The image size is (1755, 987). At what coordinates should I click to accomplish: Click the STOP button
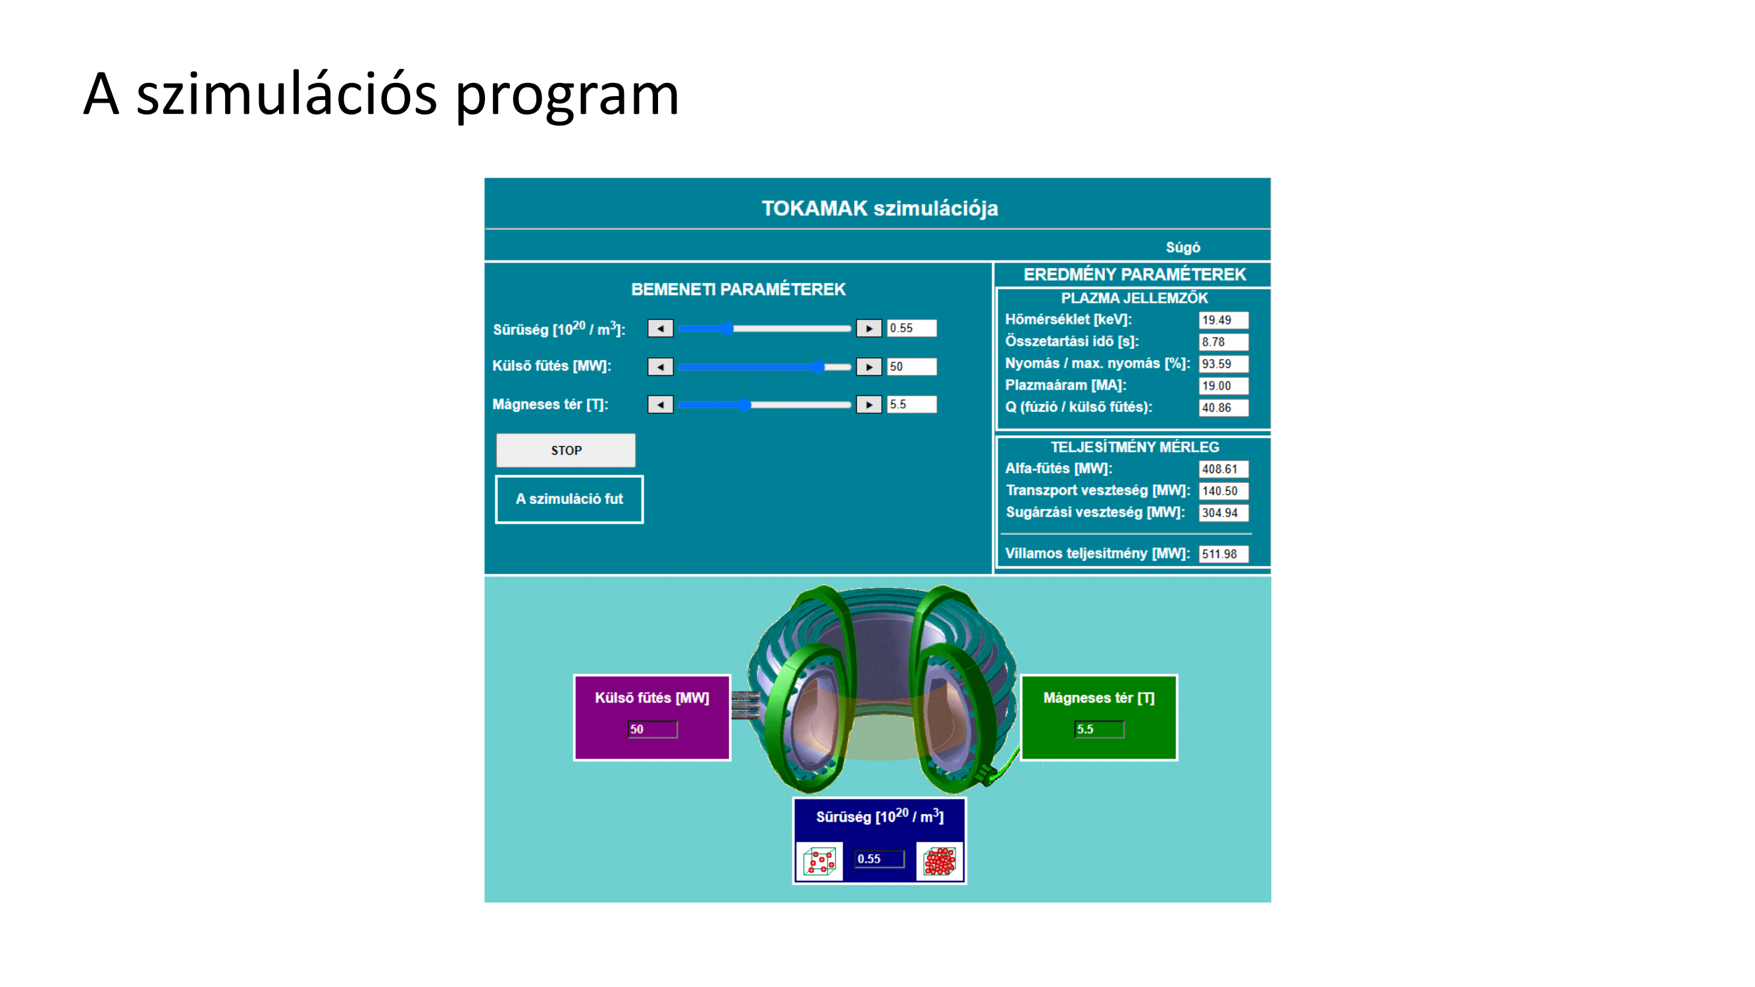[565, 450]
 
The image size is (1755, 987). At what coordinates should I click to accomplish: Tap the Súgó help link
[1183, 247]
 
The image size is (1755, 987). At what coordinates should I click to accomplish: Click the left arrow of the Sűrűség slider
[660, 328]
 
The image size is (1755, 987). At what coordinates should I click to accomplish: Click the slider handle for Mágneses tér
[746, 405]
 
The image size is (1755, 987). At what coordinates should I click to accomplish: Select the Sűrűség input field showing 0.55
[911, 328]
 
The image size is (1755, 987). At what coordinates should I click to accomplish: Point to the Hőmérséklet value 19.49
[1223, 320]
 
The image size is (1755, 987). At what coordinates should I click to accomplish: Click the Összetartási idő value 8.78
[1223, 342]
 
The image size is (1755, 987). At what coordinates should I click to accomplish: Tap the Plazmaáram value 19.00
[1223, 386]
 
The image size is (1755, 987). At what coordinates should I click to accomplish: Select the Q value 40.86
[1223, 407]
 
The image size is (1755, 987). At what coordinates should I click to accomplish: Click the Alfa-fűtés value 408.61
[1223, 468]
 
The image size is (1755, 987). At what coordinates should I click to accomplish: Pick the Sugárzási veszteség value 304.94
[1223, 512]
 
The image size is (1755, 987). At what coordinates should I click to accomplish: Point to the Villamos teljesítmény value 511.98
[1223, 554]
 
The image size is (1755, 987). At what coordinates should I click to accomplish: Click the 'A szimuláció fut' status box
[569, 499]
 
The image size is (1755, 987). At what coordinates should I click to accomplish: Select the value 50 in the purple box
[652, 730]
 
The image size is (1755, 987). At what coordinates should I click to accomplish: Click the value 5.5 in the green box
[1099, 730]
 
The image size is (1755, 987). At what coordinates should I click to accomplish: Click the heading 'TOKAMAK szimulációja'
[880, 209]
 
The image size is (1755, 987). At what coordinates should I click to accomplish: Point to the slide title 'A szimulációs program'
[382, 95]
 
